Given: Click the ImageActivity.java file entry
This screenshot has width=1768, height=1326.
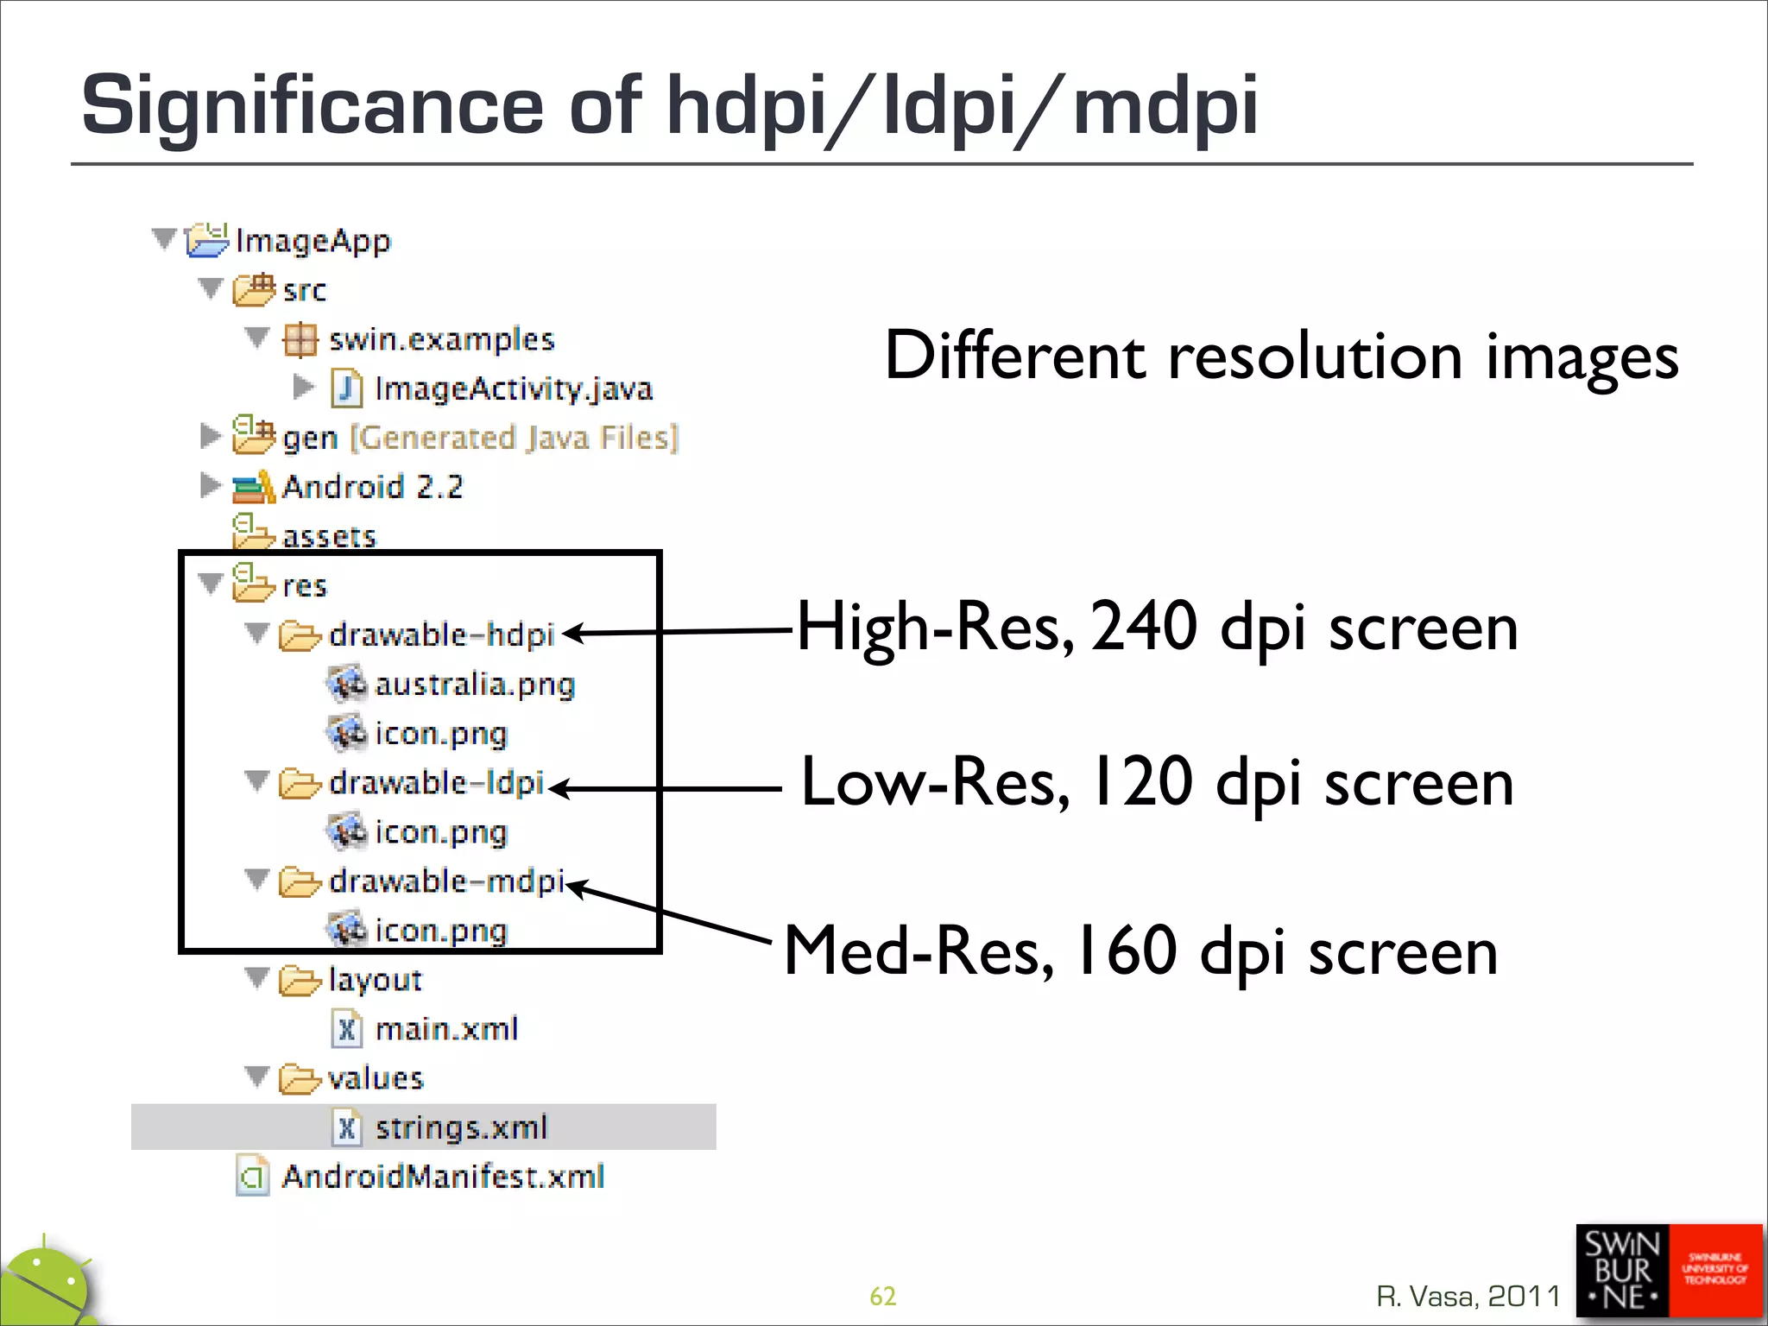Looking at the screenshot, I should (513, 388).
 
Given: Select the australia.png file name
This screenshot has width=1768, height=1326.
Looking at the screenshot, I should (474, 685).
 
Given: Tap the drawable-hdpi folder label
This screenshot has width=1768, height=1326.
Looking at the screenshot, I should (441, 635).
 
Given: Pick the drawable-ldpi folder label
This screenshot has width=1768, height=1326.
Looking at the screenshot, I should (436, 783).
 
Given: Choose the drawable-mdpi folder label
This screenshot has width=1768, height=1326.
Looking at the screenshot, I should (446, 881).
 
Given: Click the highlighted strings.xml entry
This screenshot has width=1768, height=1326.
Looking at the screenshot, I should (461, 1127).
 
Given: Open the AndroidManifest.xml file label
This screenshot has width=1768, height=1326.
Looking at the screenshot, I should (443, 1177).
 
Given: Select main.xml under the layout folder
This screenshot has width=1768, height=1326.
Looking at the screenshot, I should (446, 1029).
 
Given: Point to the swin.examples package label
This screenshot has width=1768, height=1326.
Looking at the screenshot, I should (441, 339).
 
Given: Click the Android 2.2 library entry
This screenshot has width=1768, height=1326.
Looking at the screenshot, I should (372, 487).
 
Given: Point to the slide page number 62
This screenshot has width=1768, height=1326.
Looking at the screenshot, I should (882, 1296).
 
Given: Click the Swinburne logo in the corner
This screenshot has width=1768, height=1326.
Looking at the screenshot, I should (1668, 1271).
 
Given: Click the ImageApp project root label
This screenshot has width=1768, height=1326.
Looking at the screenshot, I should (313, 240).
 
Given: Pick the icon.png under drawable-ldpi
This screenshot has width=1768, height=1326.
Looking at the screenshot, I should (440, 832).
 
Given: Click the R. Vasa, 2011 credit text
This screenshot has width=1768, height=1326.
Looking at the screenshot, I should (1468, 1296).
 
